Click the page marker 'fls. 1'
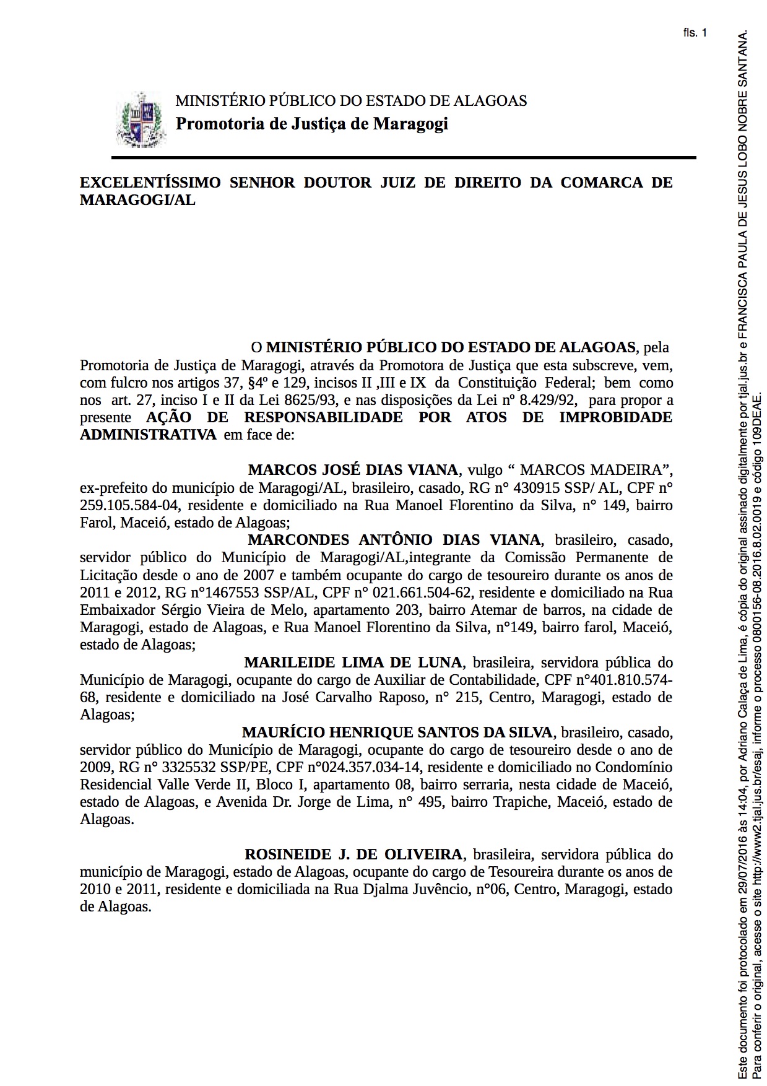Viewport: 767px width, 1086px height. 695,33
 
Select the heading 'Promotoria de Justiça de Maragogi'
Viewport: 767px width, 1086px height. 311,124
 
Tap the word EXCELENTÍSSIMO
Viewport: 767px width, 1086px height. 150,183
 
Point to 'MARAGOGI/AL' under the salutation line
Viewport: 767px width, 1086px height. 137,200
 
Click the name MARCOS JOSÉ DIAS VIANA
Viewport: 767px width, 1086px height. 353,470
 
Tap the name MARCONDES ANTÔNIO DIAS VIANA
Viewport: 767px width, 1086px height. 394,540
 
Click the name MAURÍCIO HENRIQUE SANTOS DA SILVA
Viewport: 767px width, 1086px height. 397,732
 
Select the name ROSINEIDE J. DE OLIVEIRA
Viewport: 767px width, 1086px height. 353,855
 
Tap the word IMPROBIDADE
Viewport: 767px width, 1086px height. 615,417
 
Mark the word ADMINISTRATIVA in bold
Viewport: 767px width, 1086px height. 148,435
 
